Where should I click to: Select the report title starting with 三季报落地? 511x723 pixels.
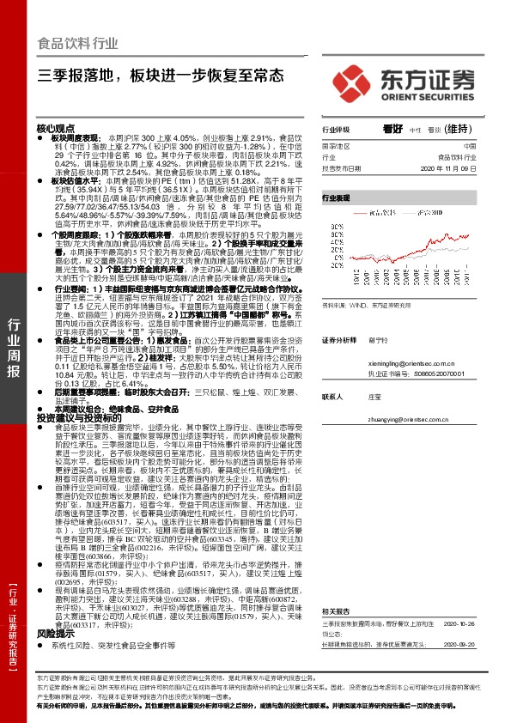(160, 75)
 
